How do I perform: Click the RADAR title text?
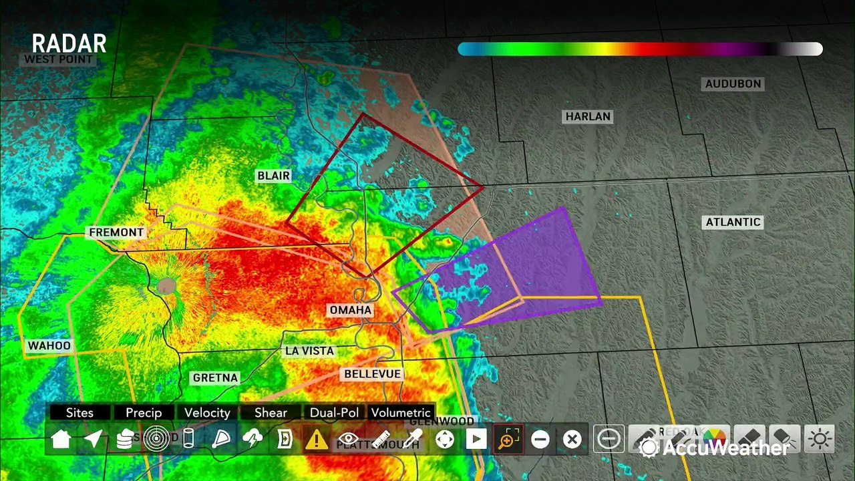tap(69, 44)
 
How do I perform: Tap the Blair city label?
tap(274, 176)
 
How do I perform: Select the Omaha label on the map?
tap(351, 310)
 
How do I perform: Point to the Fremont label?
tap(116, 232)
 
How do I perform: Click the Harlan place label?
tap(588, 116)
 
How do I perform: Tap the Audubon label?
tap(733, 84)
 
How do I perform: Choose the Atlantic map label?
tap(733, 222)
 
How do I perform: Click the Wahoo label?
tap(49, 345)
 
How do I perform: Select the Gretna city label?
tap(215, 377)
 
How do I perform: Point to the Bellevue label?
tap(372, 374)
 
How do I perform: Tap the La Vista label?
tap(309, 351)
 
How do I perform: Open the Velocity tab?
tap(207, 413)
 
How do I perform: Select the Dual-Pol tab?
tap(334, 413)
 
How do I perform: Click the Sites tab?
tap(79, 413)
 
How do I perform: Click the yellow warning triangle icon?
tap(316, 439)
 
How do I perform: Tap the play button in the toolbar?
tap(476, 439)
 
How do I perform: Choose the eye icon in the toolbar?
tap(348, 439)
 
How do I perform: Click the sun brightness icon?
tap(820, 439)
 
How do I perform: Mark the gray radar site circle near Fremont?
tap(166, 287)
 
